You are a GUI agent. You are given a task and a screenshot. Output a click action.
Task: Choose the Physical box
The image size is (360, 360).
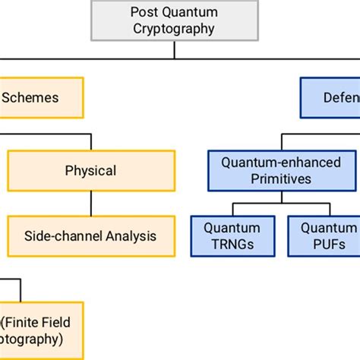click(x=91, y=170)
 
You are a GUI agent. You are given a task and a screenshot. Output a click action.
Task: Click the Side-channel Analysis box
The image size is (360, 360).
click(x=91, y=235)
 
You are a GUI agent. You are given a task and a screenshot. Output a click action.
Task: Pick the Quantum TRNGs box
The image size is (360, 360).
click(x=232, y=235)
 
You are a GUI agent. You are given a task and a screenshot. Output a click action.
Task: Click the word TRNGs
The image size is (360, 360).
click(x=232, y=245)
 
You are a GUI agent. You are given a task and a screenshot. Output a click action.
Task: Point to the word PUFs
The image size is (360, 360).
click(x=328, y=245)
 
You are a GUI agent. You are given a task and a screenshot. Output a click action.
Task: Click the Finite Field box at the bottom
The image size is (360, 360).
click(x=41, y=330)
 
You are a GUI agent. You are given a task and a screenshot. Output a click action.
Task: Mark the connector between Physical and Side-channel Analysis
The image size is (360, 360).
click(x=92, y=203)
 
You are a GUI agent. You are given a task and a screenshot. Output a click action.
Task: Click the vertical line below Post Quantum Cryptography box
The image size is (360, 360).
click(x=175, y=49)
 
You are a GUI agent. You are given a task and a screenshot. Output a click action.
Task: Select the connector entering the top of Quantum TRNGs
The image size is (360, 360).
click(x=232, y=210)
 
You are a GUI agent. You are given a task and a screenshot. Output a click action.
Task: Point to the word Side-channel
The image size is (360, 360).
click(x=64, y=235)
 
